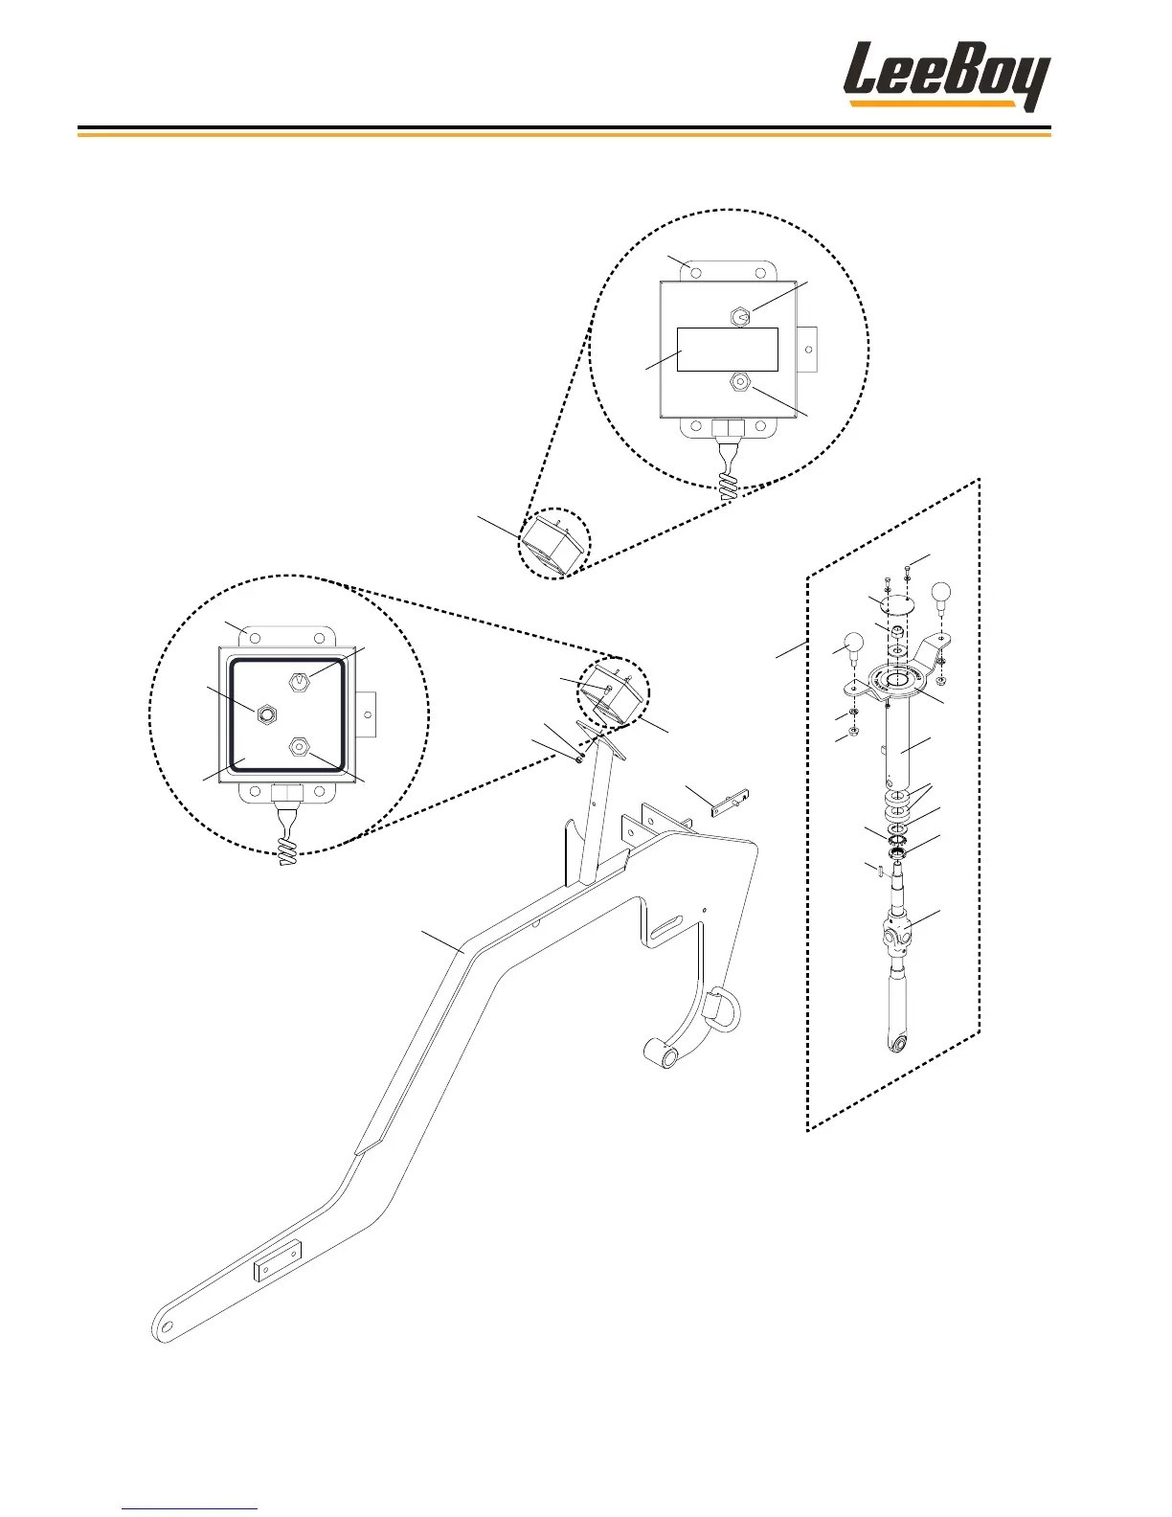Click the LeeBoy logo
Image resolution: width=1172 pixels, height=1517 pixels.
(946, 76)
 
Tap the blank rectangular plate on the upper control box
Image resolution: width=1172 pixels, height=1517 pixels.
(727, 350)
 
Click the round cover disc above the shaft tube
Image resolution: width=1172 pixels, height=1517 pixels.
(897, 604)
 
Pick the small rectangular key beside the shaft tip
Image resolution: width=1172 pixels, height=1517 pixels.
(876, 869)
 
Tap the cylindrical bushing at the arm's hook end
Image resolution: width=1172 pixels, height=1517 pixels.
(662, 1053)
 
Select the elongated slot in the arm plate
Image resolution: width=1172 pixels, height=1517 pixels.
(673, 928)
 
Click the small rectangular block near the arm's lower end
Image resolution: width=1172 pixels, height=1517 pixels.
(278, 1260)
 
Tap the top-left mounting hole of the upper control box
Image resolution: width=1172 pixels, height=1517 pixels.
(696, 273)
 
